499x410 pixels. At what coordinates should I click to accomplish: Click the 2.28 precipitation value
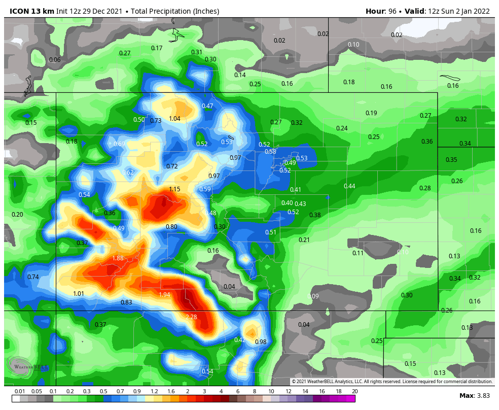[x=191, y=317]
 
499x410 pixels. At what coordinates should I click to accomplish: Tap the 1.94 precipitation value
[x=164, y=295]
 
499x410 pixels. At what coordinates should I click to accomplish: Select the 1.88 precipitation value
[x=118, y=258]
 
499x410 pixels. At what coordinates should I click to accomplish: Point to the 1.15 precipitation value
[x=174, y=189]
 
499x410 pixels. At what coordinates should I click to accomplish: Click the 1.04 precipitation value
[x=174, y=119]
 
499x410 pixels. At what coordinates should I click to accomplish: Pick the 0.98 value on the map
[x=261, y=342]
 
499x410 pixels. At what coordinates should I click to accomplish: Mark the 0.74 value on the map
[x=33, y=277]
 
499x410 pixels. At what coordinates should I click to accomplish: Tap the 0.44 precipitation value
[x=349, y=186]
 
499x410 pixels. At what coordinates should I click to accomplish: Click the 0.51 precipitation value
[x=271, y=232]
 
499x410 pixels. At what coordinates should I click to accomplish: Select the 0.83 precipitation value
[x=126, y=302]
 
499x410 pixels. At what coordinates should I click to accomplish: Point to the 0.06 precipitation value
[x=55, y=60]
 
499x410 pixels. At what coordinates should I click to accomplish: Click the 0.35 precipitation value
[x=451, y=160]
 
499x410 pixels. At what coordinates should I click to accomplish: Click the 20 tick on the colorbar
[x=355, y=391]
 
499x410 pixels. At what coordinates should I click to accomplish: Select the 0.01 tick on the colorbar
[x=20, y=391]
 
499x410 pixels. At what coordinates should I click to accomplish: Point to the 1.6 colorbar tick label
[x=171, y=391]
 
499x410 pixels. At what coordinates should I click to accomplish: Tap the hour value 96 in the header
[x=391, y=11]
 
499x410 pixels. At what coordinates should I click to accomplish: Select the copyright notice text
[x=392, y=382]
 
